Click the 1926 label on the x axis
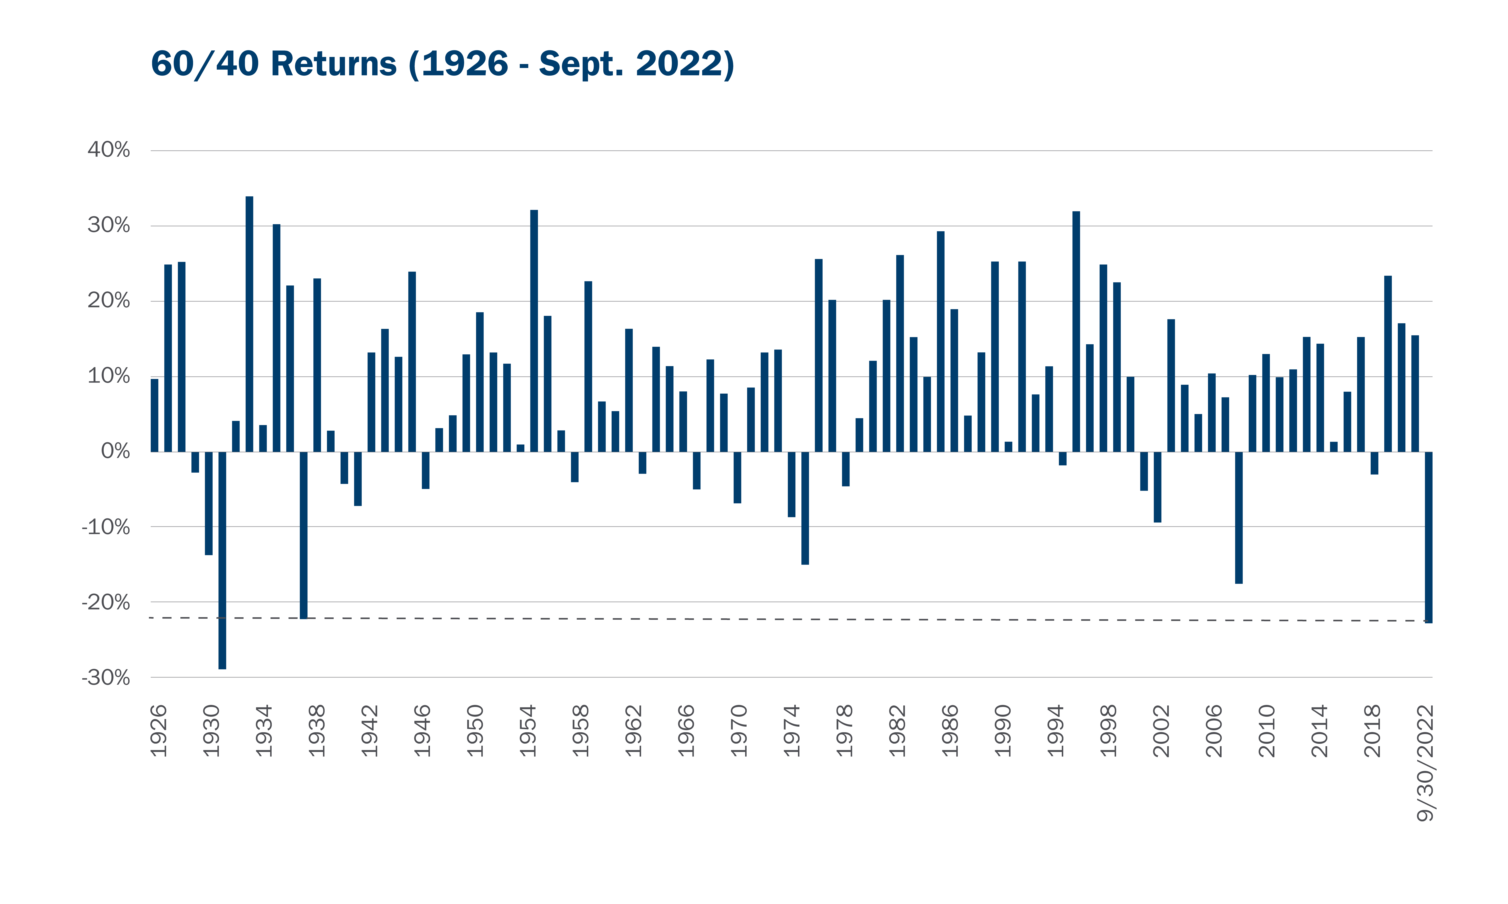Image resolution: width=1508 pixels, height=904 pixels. (x=159, y=731)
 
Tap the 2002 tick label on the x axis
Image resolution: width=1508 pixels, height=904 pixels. (x=1161, y=731)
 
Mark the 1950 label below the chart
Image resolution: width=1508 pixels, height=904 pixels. (x=475, y=731)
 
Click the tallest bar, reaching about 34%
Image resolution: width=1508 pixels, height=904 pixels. (x=249, y=324)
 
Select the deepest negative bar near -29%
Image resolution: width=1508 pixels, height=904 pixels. (x=223, y=560)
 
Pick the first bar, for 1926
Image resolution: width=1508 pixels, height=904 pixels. (x=154, y=415)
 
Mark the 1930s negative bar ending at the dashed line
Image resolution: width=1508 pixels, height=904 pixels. (x=304, y=536)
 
